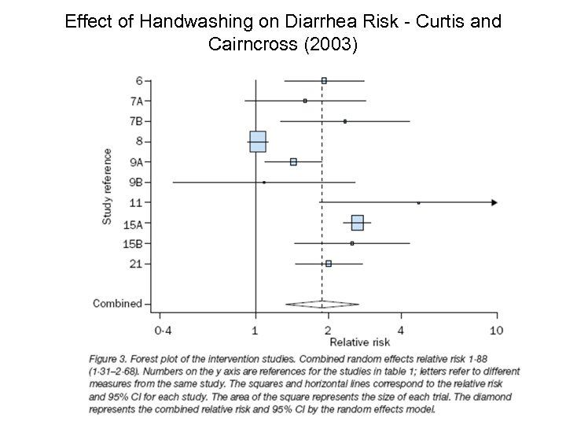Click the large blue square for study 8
257,142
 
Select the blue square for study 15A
357,223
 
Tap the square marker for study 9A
293,162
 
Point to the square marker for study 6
324,80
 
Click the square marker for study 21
329,264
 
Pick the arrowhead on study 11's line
494,203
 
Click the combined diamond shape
322,304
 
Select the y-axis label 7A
136,101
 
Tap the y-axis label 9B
136,183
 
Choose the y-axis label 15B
134,244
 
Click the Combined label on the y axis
117,304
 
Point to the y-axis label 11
137,203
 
